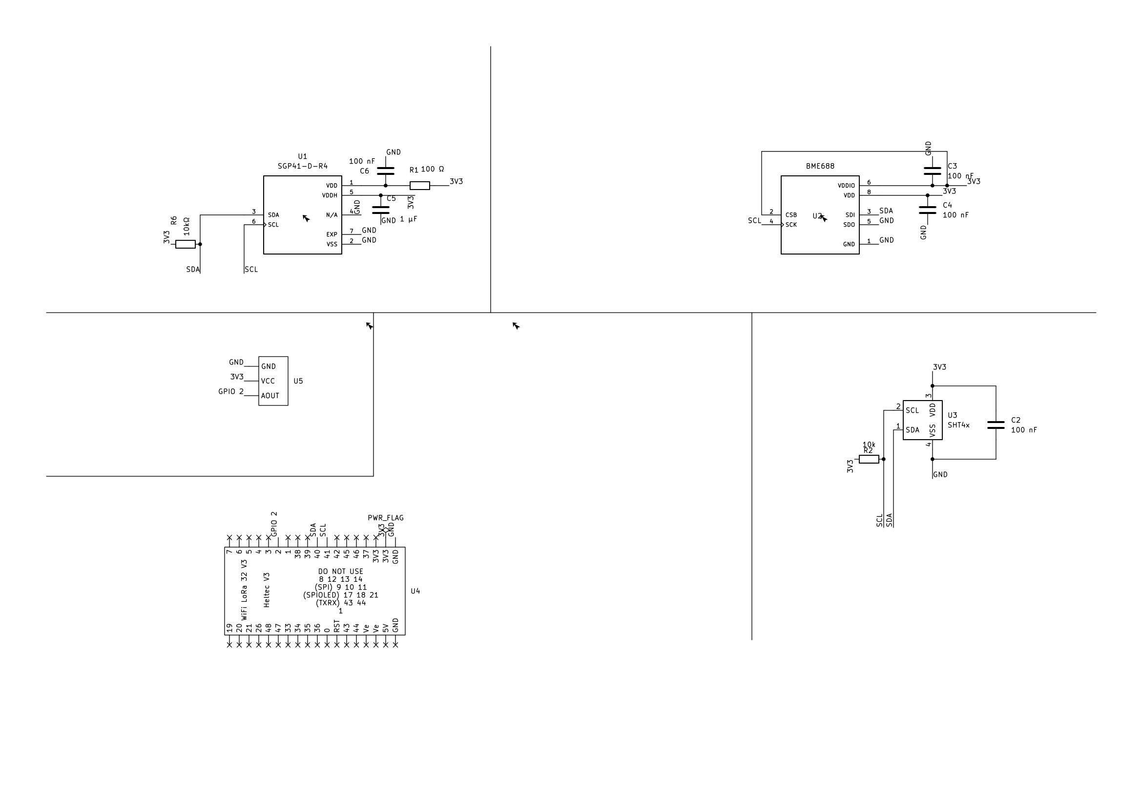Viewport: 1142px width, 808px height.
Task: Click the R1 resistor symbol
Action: pos(420,186)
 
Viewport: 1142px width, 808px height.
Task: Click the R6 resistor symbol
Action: pos(186,244)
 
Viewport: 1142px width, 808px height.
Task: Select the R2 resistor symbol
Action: pos(869,459)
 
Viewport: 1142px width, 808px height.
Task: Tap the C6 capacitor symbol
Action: pos(386,171)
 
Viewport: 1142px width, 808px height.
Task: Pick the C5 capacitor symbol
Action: pos(380,210)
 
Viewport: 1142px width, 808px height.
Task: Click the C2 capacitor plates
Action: pos(996,425)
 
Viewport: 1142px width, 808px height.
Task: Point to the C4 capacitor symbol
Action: pos(928,210)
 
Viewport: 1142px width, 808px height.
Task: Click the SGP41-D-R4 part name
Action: pos(302,166)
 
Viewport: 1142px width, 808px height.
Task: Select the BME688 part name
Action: pos(820,166)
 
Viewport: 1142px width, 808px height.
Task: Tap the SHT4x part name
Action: pos(958,425)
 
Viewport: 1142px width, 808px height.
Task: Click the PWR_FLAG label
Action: pos(386,518)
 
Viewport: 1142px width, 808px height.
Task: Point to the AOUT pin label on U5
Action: pos(270,396)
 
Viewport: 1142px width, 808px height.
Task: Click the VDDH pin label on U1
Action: pos(329,195)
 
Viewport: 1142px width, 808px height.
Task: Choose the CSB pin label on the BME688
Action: pos(791,215)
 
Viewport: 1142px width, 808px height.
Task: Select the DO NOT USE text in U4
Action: pos(341,572)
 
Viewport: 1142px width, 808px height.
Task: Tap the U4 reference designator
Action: pos(415,591)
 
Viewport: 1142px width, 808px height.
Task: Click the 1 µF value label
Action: pos(408,219)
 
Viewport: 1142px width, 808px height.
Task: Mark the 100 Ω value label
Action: pos(432,169)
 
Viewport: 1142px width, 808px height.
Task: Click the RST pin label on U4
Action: pos(337,626)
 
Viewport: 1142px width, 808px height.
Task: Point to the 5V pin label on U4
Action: pos(386,628)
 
